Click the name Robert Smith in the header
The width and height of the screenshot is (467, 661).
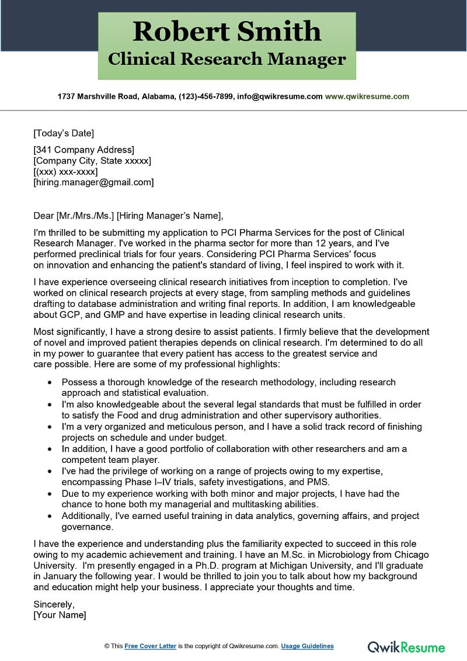[226, 32]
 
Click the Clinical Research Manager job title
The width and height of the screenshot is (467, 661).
[226, 59]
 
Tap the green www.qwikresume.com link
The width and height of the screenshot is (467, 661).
[367, 96]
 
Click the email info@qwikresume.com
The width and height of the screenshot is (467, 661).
[280, 96]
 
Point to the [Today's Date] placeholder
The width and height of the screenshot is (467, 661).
[64, 133]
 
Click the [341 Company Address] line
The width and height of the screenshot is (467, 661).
[83, 150]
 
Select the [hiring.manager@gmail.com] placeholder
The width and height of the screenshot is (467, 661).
[93, 182]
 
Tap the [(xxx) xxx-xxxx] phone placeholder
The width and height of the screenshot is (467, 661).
[65, 172]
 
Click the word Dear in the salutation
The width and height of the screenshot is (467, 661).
[44, 215]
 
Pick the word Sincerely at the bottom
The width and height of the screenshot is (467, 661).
[54, 604]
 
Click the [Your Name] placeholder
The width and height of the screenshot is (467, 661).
[60, 615]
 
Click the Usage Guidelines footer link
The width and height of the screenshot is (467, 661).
[307, 646]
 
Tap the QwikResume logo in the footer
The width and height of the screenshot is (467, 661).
[406, 646]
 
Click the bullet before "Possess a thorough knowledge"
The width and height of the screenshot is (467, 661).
[48, 383]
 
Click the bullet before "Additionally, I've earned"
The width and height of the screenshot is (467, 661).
[48, 517]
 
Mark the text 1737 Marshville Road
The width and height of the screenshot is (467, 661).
[97, 96]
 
